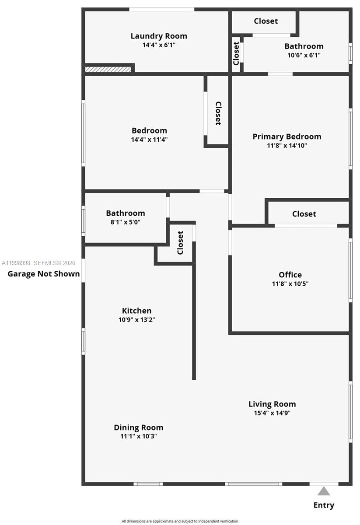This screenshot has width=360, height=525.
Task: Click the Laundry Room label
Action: pyautogui.click(x=159, y=36)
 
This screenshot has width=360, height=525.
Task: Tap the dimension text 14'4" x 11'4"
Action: pyautogui.click(x=149, y=140)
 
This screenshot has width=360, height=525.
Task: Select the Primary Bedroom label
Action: pyautogui.click(x=287, y=136)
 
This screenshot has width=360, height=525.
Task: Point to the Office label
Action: pyautogui.click(x=290, y=275)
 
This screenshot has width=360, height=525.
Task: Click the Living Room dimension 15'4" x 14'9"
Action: pyautogui.click(x=272, y=413)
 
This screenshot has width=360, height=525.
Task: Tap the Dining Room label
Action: pyautogui.click(x=138, y=427)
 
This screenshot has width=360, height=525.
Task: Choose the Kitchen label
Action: pyautogui.click(x=136, y=311)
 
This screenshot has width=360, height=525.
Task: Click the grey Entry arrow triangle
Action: pyautogui.click(x=324, y=491)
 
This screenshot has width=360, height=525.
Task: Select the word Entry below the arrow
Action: pyautogui.click(x=324, y=505)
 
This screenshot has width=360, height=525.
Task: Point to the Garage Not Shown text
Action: pyautogui.click(x=44, y=274)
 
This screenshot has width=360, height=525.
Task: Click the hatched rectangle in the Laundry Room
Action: pyautogui.click(x=108, y=70)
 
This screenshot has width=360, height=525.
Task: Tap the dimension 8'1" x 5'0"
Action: pyautogui.click(x=125, y=222)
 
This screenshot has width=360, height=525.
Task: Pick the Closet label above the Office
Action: pyautogui.click(x=304, y=214)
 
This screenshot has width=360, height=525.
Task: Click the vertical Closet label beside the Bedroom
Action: pyautogui.click(x=218, y=113)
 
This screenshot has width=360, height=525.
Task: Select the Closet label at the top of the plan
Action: pyautogui.click(x=266, y=21)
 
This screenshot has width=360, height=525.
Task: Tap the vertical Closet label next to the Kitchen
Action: pyautogui.click(x=180, y=242)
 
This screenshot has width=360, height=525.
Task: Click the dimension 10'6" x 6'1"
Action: pyautogui.click(x=304, y=55)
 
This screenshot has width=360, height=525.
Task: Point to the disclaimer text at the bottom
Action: pyautogui.click(x=180, y=521)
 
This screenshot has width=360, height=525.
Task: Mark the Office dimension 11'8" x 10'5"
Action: pyautogui.click(x=290, y=283)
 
